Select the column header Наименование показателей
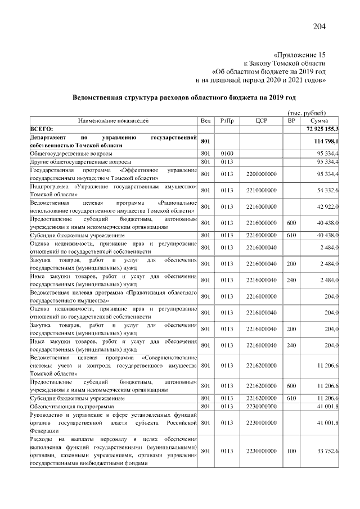click(113, 120)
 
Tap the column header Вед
click(206, 120)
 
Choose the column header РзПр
click(227, 120)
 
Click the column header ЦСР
click(260, 120)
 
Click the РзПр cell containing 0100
click(227, 153)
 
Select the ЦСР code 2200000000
click(261, 174)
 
